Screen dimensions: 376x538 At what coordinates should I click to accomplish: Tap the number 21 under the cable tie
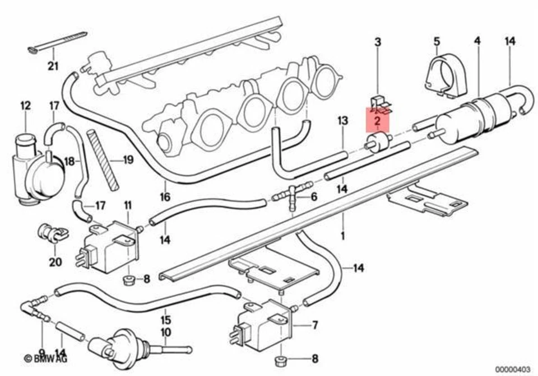click(x=52, y=67)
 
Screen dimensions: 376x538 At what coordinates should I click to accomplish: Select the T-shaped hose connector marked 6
click(x=291, y=196)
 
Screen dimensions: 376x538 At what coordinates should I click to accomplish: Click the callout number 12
click(x=26, y=105)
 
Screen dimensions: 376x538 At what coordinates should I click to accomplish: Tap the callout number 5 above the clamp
click(x=437, y=41)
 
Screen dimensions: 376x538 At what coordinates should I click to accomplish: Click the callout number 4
click(x=477, y=41)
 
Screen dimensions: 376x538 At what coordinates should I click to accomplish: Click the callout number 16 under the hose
click(x=165, y=197)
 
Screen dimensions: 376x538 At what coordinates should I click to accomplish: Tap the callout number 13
click(x=342, y=121)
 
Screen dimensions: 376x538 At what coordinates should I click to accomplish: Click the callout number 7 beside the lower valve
click(x=314, y=324)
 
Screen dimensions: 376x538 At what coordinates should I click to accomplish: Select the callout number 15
click(x=165, y=321)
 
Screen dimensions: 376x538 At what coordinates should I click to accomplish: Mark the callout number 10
click(x=165, y=332)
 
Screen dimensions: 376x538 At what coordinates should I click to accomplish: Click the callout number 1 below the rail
click(x=342, y=236)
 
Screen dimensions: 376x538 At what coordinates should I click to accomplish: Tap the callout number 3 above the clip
click(x=378, y=42)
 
